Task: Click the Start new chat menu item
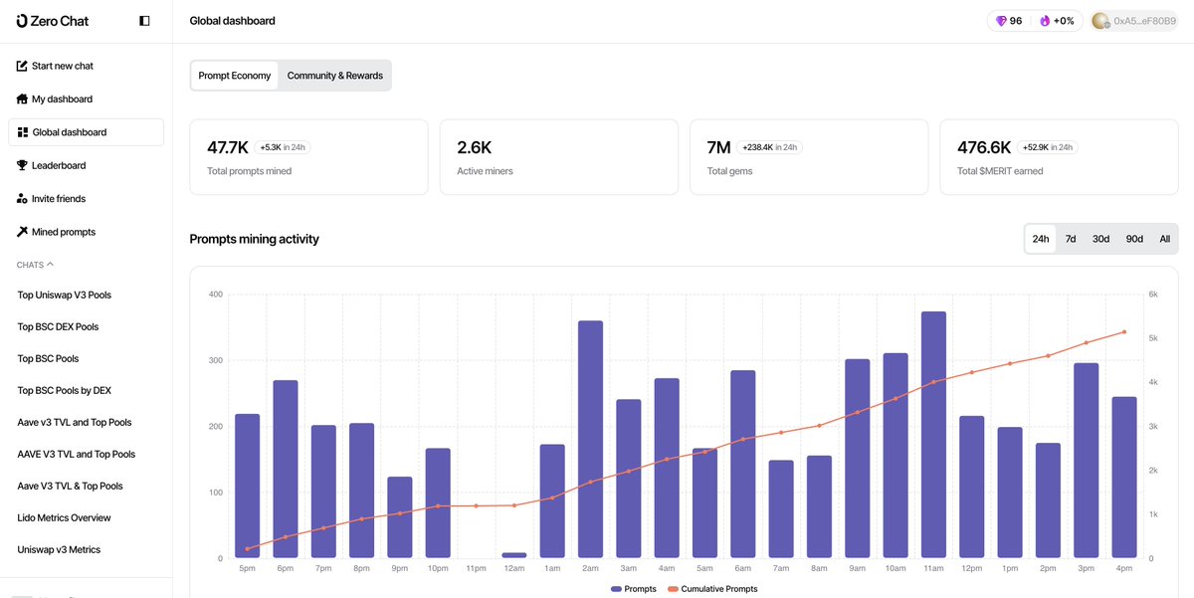(x=62, y=66)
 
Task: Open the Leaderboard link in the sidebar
(x=58, y=165)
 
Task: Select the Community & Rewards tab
(x=334, y=76)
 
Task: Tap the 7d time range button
(x=1071, y=239)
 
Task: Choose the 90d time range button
(x=1134, y=239)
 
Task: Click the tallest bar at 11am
(x=933, y=435)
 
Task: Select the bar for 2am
(x=590, y=439)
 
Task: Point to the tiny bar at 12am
(x=514, y=555)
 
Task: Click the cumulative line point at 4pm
(x=1124, y=331)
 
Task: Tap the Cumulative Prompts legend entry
(x=712, y=589)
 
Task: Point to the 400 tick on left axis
(x=215, y=295)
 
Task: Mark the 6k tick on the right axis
(x=1152, y=295)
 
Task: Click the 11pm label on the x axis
(x=476, y=568)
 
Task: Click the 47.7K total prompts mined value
(x=228, y=147)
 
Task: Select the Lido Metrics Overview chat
(x=65, y=517)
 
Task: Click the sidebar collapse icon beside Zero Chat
(x=144, y=21)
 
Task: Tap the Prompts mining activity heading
(x=254, y=239)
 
